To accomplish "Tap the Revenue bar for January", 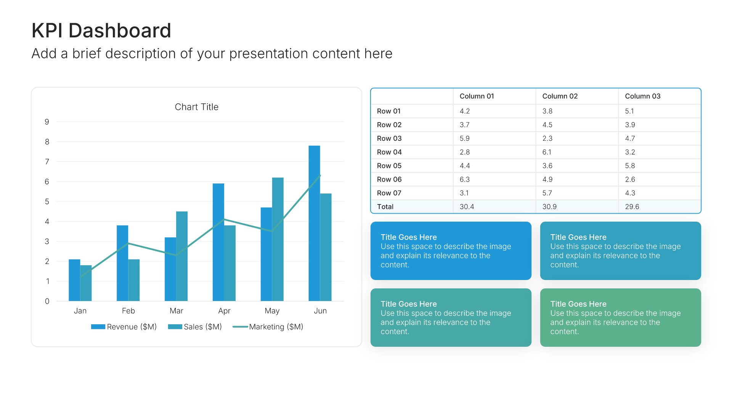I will click(74, 280).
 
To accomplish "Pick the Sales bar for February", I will click(134, 280).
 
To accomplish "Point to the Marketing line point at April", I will click(224, 219).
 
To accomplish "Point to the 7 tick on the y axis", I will click(47, 162).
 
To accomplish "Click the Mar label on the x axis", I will click(176, 311).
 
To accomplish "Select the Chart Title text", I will click(196, 107).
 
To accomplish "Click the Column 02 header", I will click(560, 96).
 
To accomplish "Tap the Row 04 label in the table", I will click(389, 152).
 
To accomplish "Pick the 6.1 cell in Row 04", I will click(547, 152).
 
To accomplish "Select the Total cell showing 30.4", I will click(467, 207).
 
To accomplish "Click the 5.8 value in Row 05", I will click(630, 166).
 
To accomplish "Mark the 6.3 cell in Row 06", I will click(464, 179).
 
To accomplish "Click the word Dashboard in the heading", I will click(120, 31).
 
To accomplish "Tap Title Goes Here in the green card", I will click(578, 304).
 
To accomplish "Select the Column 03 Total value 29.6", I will click(632, 207).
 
